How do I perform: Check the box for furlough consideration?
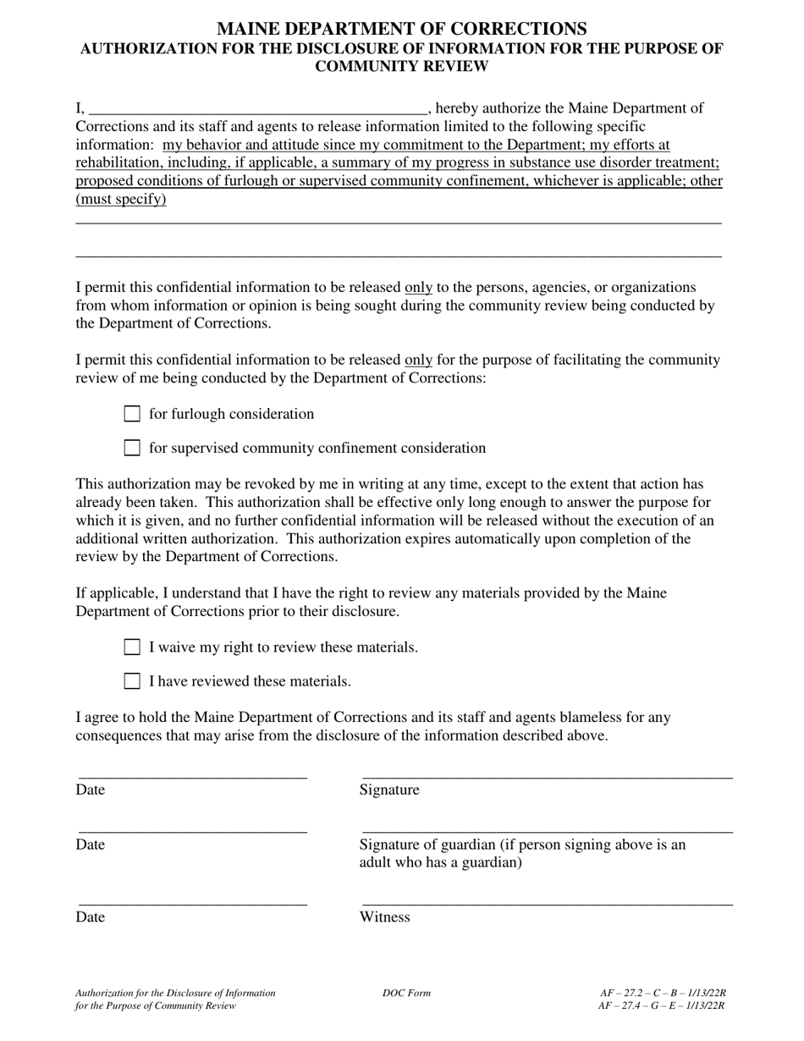pos(132,414)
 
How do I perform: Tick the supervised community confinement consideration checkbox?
pos(132,448)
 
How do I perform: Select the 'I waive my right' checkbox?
pos(132,647)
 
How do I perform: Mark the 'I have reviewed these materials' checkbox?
pos(132,681)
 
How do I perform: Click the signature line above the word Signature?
pos(547,774)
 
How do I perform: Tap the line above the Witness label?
pos(547,903)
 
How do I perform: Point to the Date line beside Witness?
pos(193,903)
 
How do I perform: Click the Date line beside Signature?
pos(193,774)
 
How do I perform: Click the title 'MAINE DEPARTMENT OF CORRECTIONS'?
pos(401,29)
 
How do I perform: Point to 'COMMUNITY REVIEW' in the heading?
pos(401,66)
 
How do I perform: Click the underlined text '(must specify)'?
pos(121,200)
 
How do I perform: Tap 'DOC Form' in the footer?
pos(406,993)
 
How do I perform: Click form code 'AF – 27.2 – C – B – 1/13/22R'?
pos(663,993)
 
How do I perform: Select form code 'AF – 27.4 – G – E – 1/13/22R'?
pos(663,1005)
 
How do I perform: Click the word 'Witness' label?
pos(384,917)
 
